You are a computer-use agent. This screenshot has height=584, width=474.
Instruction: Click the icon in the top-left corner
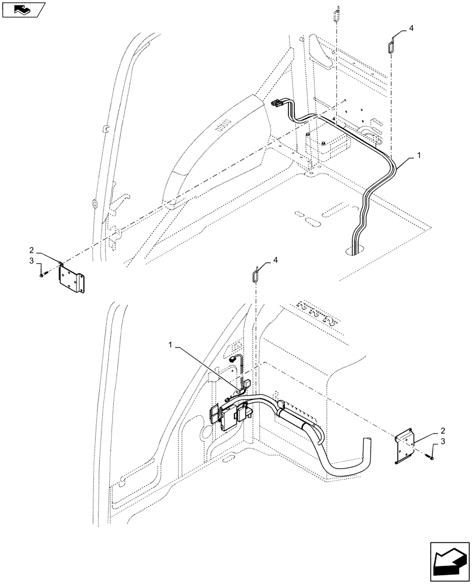23,9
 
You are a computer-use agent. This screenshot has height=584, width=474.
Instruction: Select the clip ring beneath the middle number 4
256,273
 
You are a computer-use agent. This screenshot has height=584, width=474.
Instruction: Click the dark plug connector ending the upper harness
277,105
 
